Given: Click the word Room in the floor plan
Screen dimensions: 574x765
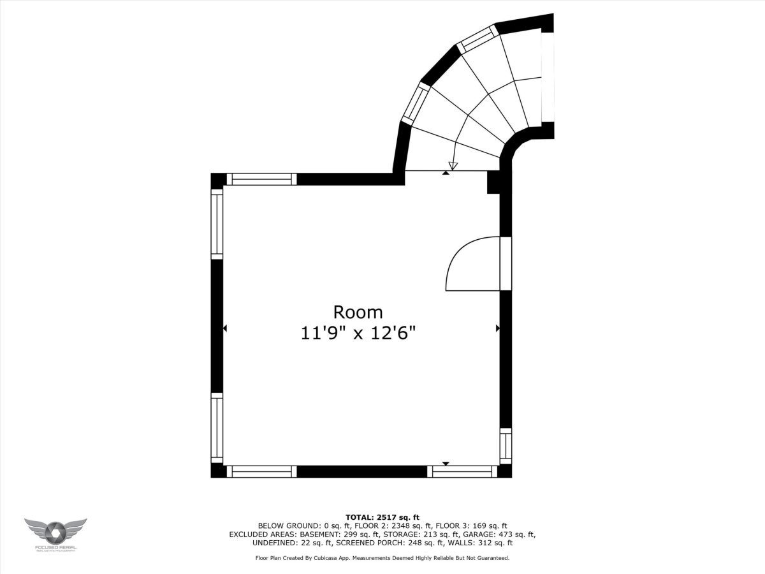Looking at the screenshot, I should [358, 312].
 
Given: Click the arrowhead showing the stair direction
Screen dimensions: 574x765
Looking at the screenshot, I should [453, 166].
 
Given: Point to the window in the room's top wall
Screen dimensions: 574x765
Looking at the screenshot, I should [262, 179].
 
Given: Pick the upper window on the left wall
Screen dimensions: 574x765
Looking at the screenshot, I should [217, 224].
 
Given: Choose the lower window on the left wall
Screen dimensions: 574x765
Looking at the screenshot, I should [217, 429].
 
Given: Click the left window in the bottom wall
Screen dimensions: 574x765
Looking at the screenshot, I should [262, 471].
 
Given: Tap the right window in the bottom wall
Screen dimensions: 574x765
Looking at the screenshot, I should [462, 471].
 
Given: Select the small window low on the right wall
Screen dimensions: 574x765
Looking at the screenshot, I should [506, 446].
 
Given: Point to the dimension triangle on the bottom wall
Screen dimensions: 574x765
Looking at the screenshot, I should [446, 464].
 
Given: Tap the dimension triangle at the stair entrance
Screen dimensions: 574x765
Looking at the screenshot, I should [446, 172].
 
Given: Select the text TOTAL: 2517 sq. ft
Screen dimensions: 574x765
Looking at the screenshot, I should [382, 517].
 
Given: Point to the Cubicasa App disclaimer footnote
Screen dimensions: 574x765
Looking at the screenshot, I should [382, 558].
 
